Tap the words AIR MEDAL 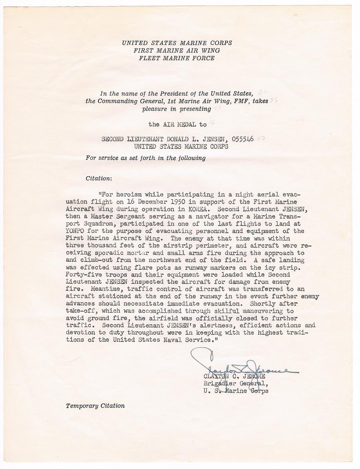click(x=176, y=124)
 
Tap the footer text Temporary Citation click(x=95, y=406)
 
